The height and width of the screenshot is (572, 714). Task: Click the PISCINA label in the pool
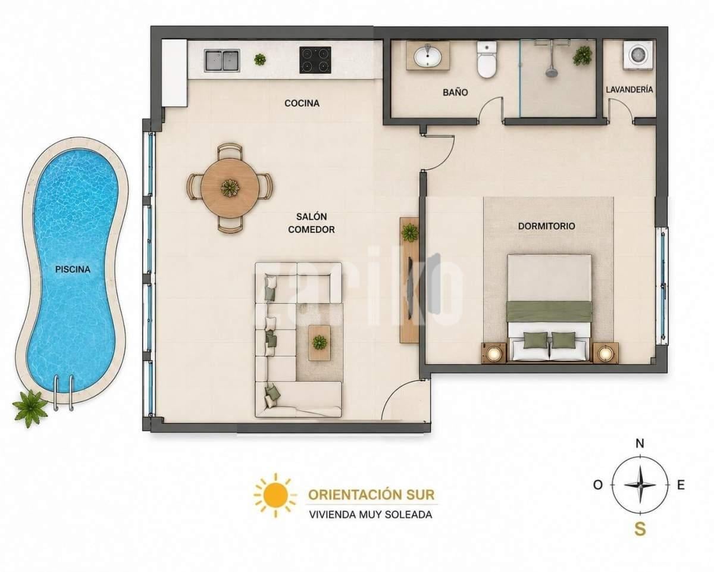pyautogui.click(x=73, y=269)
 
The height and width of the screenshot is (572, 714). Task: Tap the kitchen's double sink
pyautogui.click(x=222, y=60)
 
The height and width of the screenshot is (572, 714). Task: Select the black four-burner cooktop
pyautogui.click(x=315, y=60)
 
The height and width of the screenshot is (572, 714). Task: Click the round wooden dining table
pyautogui.click(x=230, y=188)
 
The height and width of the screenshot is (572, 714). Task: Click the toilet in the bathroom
pyautogui.click(x=487, y=59)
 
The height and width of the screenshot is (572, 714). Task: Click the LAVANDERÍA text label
pyautogui.click(x=630, y=89)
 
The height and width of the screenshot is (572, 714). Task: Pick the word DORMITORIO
pyautogui.click(x=546, y=226)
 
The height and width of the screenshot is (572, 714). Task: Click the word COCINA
pyautogui.click(x=302, y=103)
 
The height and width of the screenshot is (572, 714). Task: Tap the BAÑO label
pyautogui.click(x=455, y=92)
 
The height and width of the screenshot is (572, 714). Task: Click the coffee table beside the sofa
pyautogui.click(x=320, y=343)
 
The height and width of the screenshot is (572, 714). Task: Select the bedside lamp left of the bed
pyautogui.click(x=494, y=353)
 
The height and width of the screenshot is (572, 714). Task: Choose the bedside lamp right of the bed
pyautogui.click(x=606, y=353)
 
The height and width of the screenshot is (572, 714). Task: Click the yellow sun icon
pyautogui.click(x=275, y=495)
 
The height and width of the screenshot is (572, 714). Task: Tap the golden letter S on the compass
pyautogui.click(x=640, y=529)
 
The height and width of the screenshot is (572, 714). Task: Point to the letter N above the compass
pyautogui.click(x=640, y=443)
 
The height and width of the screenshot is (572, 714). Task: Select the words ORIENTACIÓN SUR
pyautogui.click(x=371, y=495)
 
